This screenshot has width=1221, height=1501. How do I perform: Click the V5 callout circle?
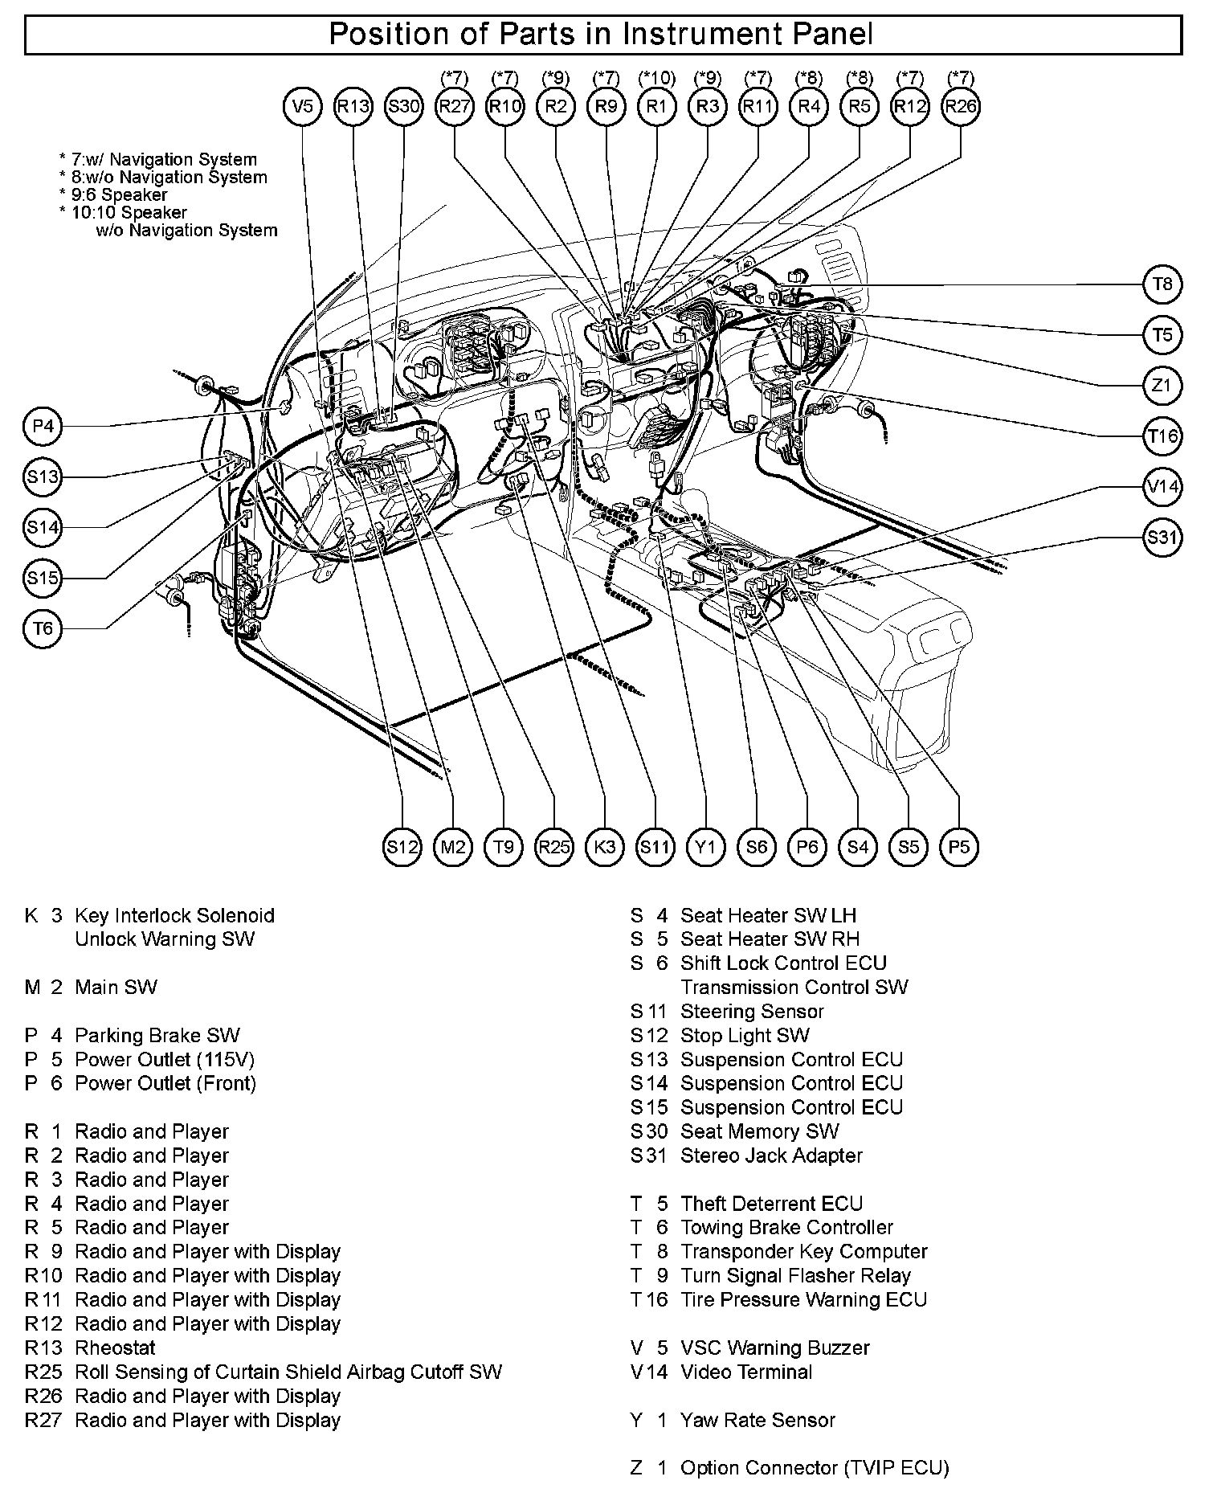(x=303, y=107)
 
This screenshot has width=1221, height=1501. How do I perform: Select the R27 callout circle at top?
(x=455, y=107)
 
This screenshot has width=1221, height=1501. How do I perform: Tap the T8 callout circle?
(x=1162, y=284)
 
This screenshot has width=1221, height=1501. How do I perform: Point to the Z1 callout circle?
(x=1162, y=386)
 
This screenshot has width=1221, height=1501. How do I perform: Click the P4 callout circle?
(x=43, y=426)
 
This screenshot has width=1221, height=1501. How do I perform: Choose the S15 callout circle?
(x=43, y=578)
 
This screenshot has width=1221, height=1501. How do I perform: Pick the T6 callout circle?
(x=43, y=628)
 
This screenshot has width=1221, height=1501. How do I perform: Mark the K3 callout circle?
(x=605, y=846)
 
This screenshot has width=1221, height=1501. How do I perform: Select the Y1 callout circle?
(x=706, y=846)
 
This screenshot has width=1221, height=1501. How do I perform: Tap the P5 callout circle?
(x=959, y=846)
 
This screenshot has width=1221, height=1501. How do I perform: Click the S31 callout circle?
(x=1162, y=538)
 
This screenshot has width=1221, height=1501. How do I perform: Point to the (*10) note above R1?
(x=656, y=79)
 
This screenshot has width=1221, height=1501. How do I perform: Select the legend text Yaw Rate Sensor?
(x=758, y=1420)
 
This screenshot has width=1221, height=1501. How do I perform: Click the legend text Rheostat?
(x=115, y=1348)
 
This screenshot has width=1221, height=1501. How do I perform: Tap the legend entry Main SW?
(x=116, y=987)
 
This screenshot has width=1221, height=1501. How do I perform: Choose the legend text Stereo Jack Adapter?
(x=770, y=1155)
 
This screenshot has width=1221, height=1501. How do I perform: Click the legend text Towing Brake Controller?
(x=786, y=1227)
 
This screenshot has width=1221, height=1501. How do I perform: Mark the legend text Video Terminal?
(x=746, y=1372)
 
